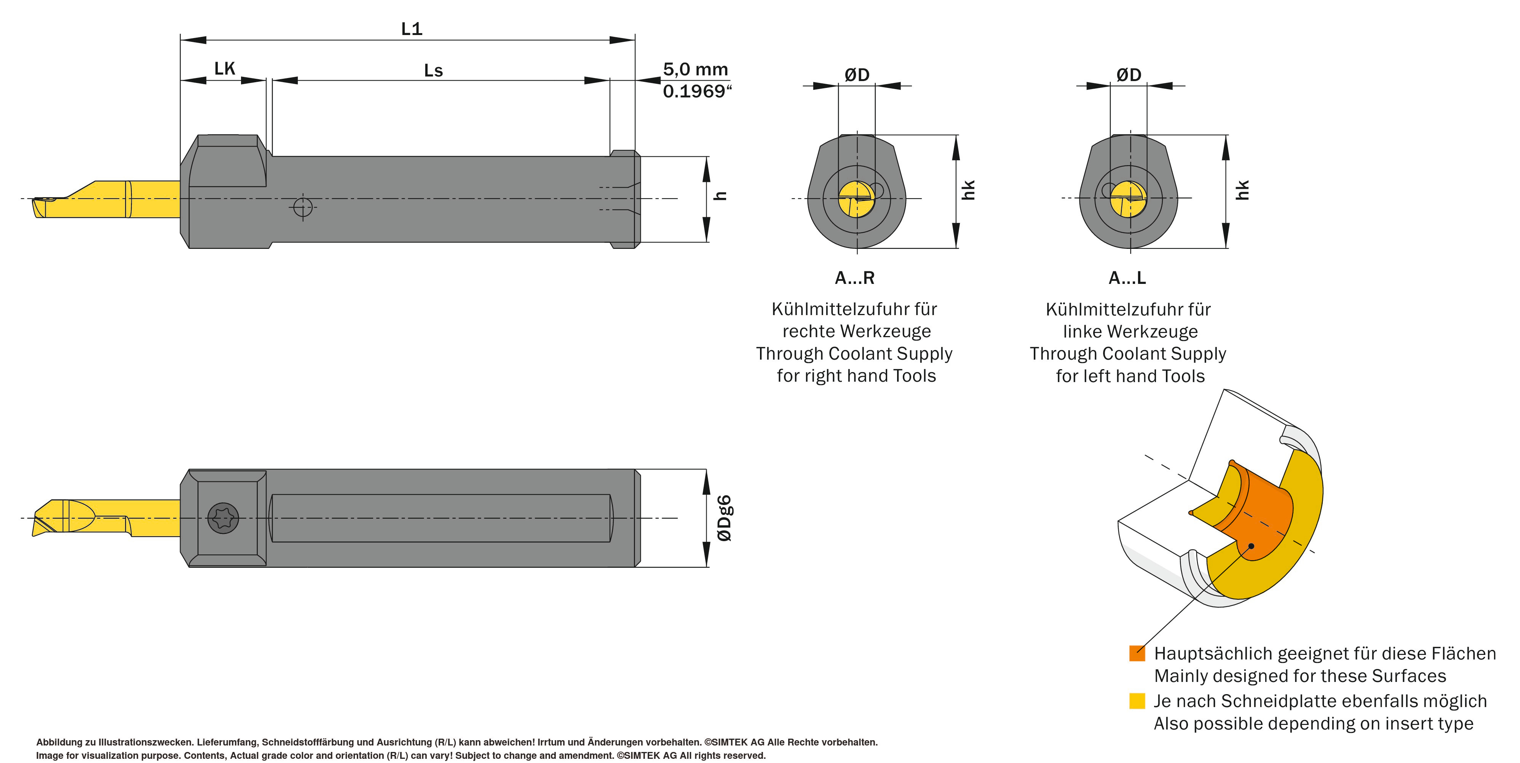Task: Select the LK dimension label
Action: (224, 68)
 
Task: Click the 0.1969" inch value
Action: (697, 91)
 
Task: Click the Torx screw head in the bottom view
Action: (224, 518)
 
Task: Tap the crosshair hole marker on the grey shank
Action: (303, 207)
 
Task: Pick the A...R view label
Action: (854, 278)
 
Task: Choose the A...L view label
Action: (1127, 278)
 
